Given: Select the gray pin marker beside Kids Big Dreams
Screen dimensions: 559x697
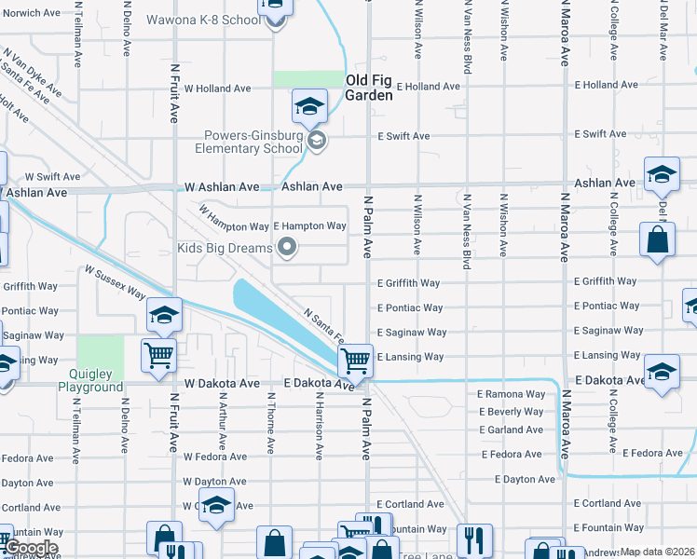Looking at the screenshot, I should click(x=287, y=248).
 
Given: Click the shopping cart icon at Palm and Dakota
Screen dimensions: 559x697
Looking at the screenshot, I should click(x=355, y=360).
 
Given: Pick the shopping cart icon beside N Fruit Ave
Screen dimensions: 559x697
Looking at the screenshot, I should click(x=157, y=354).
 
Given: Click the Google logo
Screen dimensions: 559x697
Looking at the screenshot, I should click(x=30, y=548).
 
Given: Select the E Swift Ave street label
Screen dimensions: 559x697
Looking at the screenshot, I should click(x=403, y=136).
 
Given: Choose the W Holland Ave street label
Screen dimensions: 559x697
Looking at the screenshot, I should click(x=218, y=89).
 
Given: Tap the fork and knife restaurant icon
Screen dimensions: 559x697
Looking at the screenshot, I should click(x=474, y=539).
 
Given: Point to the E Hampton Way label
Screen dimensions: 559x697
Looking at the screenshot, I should click(x=309, y=226).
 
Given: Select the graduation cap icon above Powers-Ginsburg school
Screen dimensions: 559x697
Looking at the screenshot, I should click(x=309, y=106).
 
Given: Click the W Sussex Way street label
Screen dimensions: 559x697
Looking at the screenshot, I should click(x=115, y=283).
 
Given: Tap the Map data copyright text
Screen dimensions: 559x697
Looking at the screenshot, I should click(x=657, y=552).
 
